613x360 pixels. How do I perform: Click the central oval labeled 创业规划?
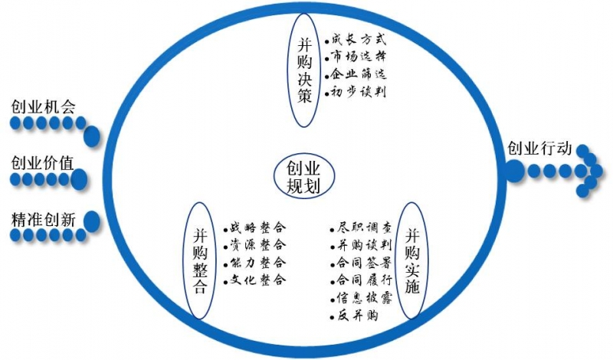pos(303,176)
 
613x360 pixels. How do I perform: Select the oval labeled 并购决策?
pos(304,70)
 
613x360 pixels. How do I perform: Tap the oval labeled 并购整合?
pos(200,260)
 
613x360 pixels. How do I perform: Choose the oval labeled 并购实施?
pos(412,260)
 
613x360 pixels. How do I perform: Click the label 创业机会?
pos(43,106)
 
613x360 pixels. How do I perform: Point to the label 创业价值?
pos(43,162)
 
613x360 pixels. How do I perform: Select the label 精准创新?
pos(43,220)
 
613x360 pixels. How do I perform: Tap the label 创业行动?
pos(539,148)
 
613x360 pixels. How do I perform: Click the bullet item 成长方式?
pos(356,40)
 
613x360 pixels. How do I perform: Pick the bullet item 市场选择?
pos(356,57)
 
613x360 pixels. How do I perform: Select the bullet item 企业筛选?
pos(356,74)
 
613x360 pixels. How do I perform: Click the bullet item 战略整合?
pos(255,227)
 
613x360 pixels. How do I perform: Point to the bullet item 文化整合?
pos(255,280)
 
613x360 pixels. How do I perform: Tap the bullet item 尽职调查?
pos(360,227)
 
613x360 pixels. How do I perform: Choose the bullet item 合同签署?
pos(360,263)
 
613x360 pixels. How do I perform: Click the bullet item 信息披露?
pos(360,298)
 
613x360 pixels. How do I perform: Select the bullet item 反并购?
pos(354,315)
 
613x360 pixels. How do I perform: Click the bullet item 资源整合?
pos(255,245)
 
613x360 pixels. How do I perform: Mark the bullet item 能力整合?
pos(255,263)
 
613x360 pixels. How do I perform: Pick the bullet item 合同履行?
pos(360,280)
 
